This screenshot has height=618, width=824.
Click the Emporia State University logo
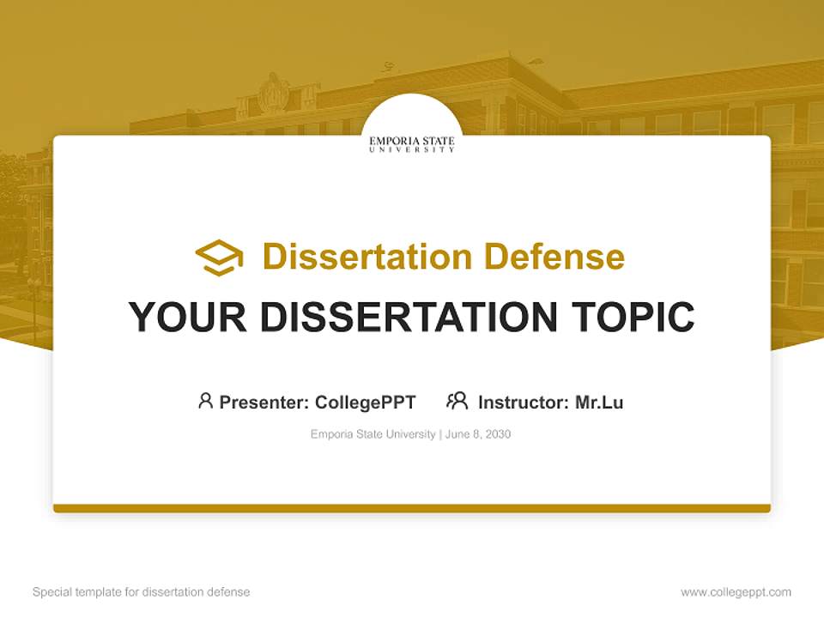click(x=412, y=143)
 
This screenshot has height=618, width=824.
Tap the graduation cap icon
click(x=219, y=257)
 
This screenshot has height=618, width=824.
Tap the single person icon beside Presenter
click(x=205, y=401)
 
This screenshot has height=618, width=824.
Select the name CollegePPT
click(x=366, y=402)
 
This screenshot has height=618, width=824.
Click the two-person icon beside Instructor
click(x=457, y=401)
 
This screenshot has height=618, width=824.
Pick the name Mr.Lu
click(x=599, y=402)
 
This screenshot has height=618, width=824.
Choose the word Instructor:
click(x=524, y=402)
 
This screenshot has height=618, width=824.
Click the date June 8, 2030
click(x=478, y=434)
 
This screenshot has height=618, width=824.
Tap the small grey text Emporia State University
click(x=373, y=434)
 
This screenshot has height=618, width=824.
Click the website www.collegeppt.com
click(x=736, y=592)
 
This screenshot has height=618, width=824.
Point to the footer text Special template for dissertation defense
click(x=142, y=592)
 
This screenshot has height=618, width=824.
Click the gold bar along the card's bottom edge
click(x=412, y=508)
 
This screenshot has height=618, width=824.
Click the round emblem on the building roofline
click(x=274, y=93)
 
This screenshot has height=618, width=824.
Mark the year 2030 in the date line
click(x=498, y=434)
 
